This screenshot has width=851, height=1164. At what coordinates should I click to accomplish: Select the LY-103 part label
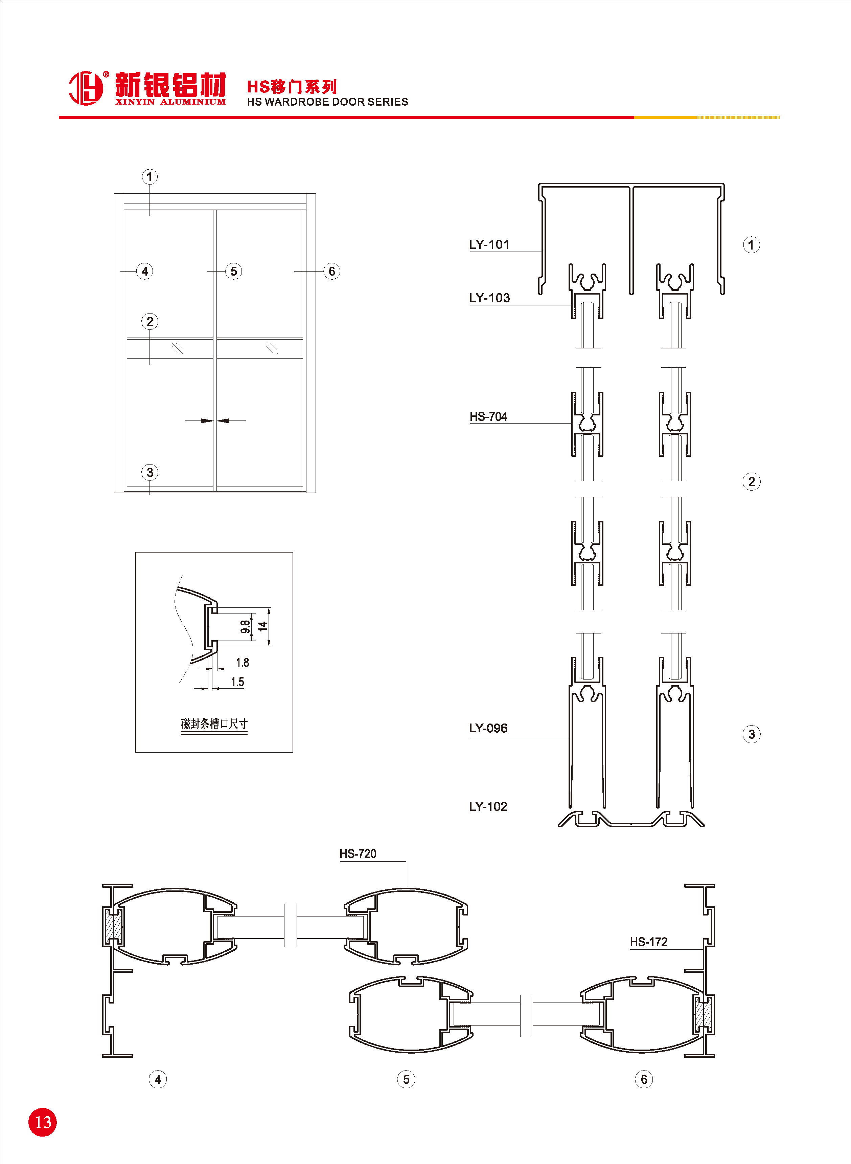tap(489, 298)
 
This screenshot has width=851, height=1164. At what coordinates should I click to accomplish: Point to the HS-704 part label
tap(488, 416)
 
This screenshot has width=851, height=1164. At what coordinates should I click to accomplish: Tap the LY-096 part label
tap(488, 728)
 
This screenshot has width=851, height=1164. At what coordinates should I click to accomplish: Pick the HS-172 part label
tap(648, 942)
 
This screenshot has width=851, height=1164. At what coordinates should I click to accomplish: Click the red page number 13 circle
tap(43, 1122)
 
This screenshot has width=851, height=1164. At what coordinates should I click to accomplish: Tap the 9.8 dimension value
tap(245, 627)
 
